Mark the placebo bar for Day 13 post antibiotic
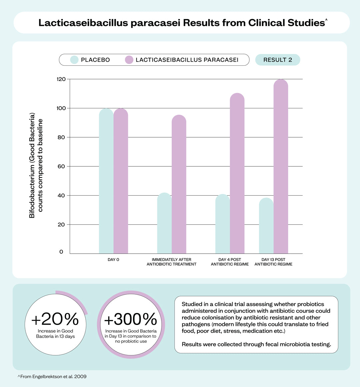266,226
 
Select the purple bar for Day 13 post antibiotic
281,167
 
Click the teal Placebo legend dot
74,60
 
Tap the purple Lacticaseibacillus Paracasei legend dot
129,60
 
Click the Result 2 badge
278,60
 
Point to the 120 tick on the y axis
61,79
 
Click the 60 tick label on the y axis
61,166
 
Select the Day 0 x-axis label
113,260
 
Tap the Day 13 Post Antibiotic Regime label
273,262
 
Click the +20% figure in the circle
55,319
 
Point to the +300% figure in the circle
131,319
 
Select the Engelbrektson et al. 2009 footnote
52,376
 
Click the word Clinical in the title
266,23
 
